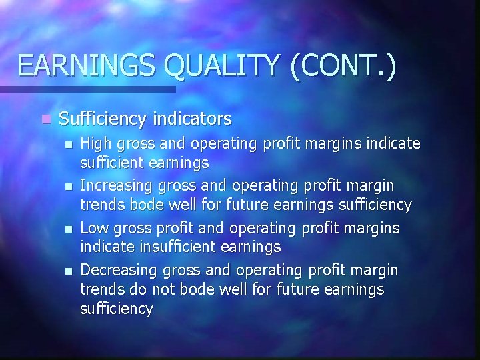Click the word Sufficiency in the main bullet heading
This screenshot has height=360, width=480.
(x=101, y=119)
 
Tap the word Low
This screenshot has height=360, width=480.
(x=93, y=228)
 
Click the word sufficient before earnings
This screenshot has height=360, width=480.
(x=111, y=162)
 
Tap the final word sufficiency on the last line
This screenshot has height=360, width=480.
(x=116, y=308)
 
